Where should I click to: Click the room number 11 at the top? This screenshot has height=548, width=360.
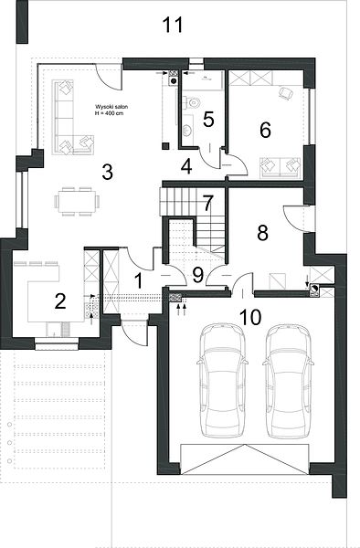coord(173,25)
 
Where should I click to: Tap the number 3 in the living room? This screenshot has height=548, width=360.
coord(107,172)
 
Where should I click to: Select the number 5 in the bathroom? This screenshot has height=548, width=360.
coord(208,120)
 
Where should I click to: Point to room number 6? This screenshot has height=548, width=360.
coord(265,130)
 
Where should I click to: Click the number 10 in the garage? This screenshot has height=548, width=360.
coord(250,317)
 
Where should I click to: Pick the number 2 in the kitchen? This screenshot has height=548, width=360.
coord(60,300)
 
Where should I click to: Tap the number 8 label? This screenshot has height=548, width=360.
coord(262,233)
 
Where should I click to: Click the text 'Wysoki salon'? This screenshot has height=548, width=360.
coord(111,107)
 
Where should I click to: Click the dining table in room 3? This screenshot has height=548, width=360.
coord(77,202)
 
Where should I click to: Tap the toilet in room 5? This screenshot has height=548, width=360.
coord(193,102)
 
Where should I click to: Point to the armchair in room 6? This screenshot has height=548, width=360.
coord(286,93)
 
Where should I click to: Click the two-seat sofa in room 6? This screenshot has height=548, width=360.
coord(280,167)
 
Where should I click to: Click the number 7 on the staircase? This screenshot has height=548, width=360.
coord(207,204)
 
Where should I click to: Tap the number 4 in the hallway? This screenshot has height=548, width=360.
coord(186,166)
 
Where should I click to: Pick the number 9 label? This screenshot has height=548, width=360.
coord(198,275)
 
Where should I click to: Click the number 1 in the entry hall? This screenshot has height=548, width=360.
coord(139,281)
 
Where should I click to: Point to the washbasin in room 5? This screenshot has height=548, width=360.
coord(187,130)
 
